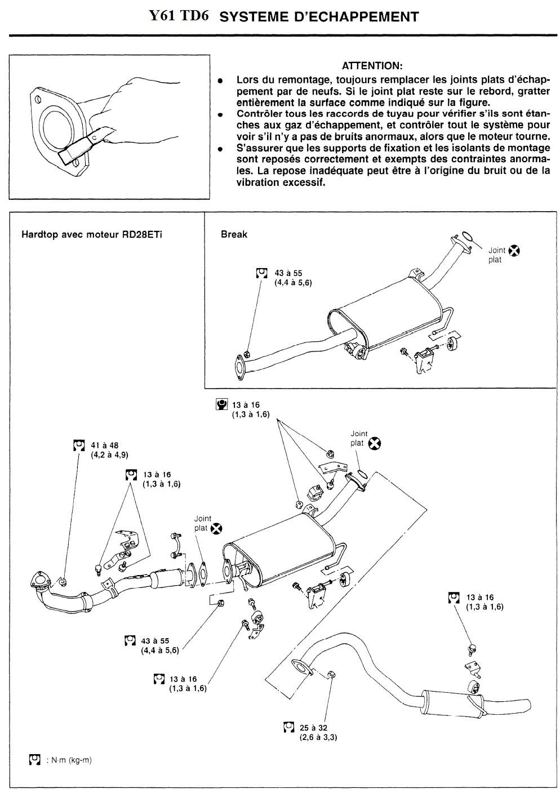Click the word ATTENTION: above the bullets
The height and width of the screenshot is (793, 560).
click(x=372, y=66)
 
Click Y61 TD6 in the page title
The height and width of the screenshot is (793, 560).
click(x=179, y=16)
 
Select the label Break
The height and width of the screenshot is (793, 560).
click(x=234, y=234)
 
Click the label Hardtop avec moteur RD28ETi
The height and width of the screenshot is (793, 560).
click(x=92, y=234)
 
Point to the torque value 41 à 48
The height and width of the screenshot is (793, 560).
click(x=104, y=445)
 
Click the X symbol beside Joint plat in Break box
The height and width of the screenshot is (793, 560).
click(x=514, y=251)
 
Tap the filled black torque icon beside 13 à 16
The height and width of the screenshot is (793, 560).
click(x=222, y=404)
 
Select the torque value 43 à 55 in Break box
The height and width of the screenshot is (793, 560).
click(x=288, y=273)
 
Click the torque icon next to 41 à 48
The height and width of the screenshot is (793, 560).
click(x=79, y=445)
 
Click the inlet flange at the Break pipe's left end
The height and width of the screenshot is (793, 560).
click(x=240, y=364)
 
